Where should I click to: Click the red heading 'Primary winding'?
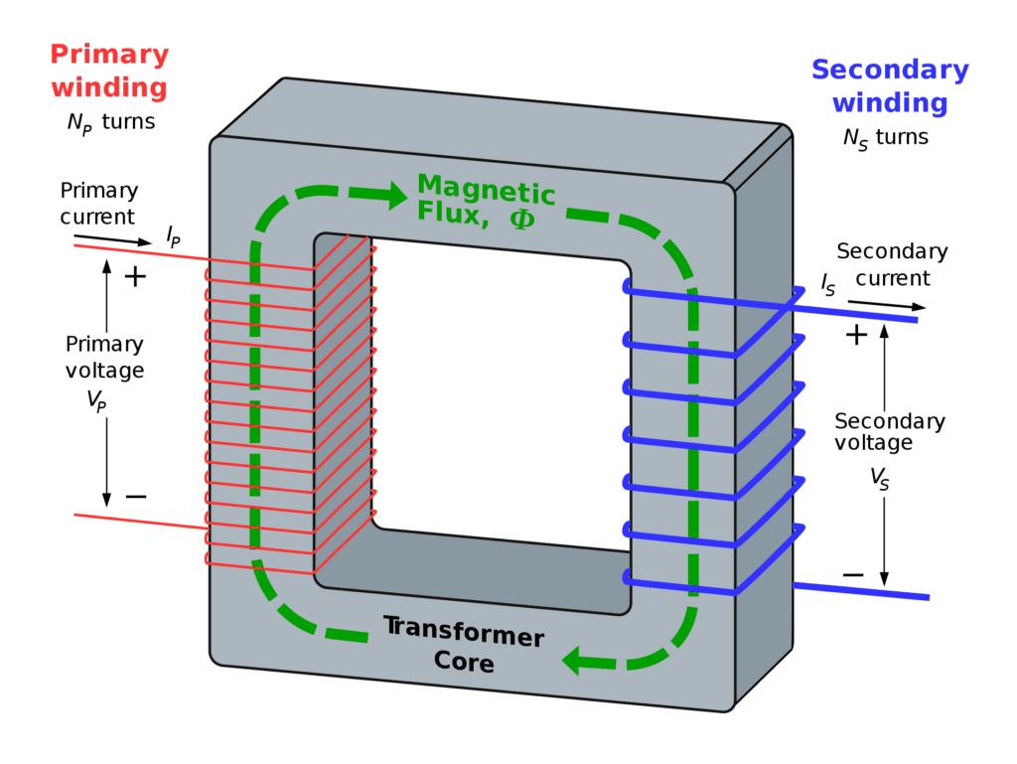109,71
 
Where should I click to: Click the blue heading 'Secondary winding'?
889,85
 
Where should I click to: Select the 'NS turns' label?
885,137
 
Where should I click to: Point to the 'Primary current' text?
98,203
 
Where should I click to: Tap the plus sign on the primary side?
134,276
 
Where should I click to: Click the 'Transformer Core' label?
464,644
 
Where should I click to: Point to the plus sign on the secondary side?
855,335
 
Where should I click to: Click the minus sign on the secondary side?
852,574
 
